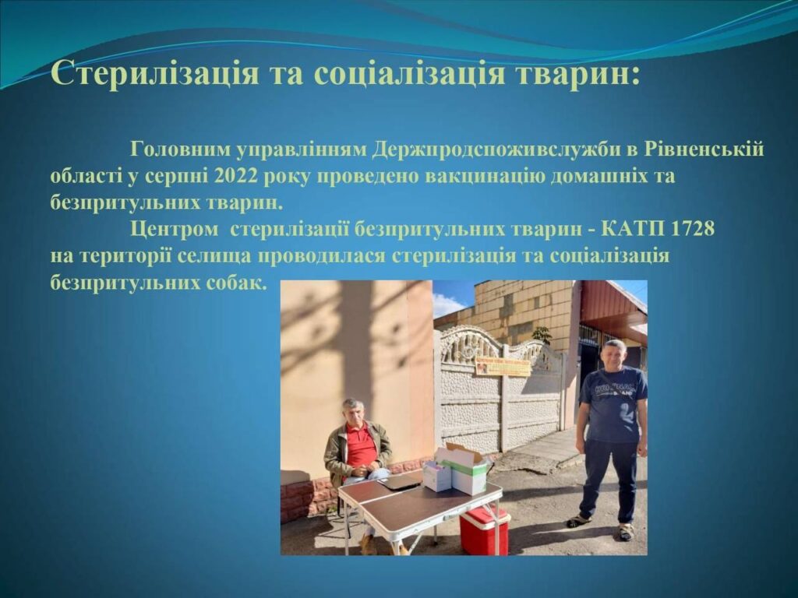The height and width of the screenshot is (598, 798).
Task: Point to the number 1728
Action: tap(693, 229)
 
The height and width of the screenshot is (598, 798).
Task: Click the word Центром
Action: tap(174, 230)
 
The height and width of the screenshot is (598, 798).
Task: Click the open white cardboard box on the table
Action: tap(467, 468)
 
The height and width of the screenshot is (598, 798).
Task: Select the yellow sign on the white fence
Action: tap(503, 366)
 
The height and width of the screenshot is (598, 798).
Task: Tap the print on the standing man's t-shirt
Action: tap(617, 390)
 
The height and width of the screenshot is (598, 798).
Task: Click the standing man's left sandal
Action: tap(627, 531)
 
